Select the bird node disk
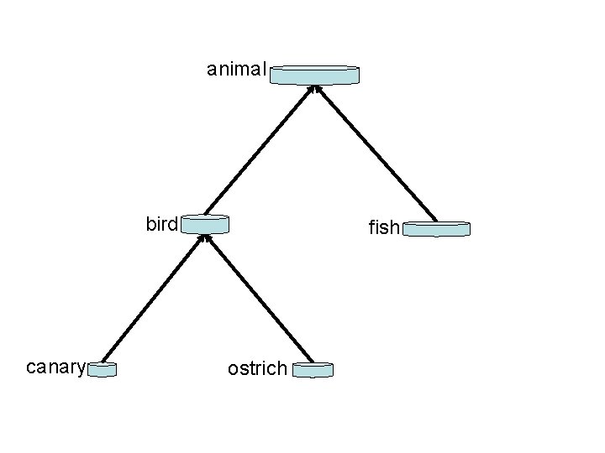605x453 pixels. coord(205,224)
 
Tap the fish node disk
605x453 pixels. coord(436,228)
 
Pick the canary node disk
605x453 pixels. coord(102,368)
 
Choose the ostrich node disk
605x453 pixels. coord(313,369)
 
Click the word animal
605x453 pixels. coord(236,70)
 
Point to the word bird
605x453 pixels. coord(162,224)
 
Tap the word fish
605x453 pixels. coord(384,227)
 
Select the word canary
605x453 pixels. coord(55,367)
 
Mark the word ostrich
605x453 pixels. coord(257,368)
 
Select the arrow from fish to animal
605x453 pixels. coord(376,153)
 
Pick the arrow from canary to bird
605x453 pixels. coord(152,299)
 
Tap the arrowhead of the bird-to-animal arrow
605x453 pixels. coord(309,89)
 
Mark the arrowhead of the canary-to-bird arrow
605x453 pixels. coord(200,239)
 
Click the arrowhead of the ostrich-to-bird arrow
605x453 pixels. coord(210,239)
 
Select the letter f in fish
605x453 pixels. coord(371,226)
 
